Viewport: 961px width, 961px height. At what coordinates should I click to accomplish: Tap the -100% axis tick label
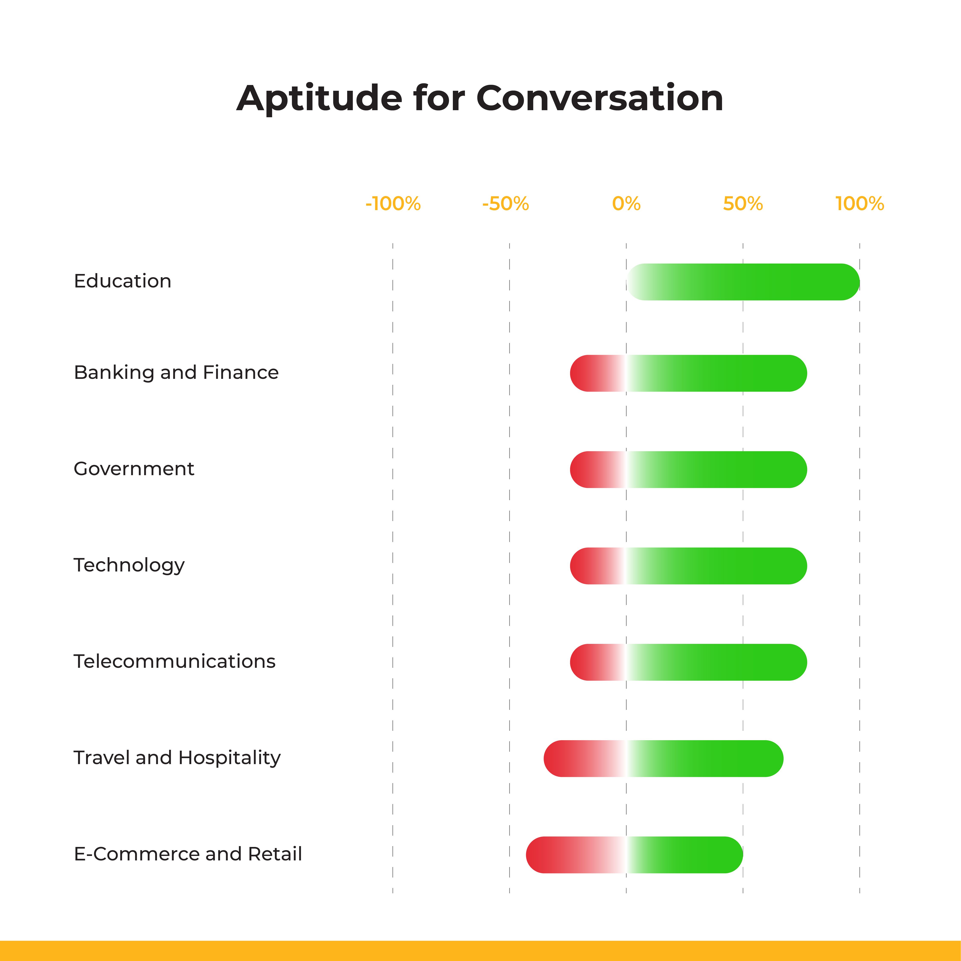pyautogui.click(x=393, y=204)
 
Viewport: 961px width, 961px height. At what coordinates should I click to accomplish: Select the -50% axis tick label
pyautogui.click(x=505, y=204)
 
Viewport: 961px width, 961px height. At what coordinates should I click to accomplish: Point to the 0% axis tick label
pyautogui.click(x=626, y=204)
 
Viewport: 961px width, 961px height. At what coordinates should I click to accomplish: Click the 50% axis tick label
pyautogui.click(x=743, y=204)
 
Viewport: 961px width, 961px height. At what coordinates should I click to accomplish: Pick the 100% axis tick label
pyautogui.click(x=860, y=204)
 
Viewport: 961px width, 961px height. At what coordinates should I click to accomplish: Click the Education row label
pyautogui.click(x=122, y=281)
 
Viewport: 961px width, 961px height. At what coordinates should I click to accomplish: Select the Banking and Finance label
pyautogui.click(x=176, y=373)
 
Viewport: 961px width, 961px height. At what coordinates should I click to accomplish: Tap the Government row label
pyautogui.click(x=134, y=469)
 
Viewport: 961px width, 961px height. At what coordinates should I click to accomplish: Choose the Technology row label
pyautogui.click(x=129, y=565)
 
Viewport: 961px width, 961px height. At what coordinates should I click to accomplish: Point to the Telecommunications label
pyautogui.click(x=174, y=662)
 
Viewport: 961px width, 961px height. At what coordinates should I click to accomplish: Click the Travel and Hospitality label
pyautogui.click(x=177, y=757)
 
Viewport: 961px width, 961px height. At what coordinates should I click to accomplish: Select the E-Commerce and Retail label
pyautogui.click(x=187, y=854)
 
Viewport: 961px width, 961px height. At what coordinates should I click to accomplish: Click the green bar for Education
pyautogui.click(x=756, y=282)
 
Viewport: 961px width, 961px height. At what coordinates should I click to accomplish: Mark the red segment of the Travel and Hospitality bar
pyautogui.click(x=577, y=759)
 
